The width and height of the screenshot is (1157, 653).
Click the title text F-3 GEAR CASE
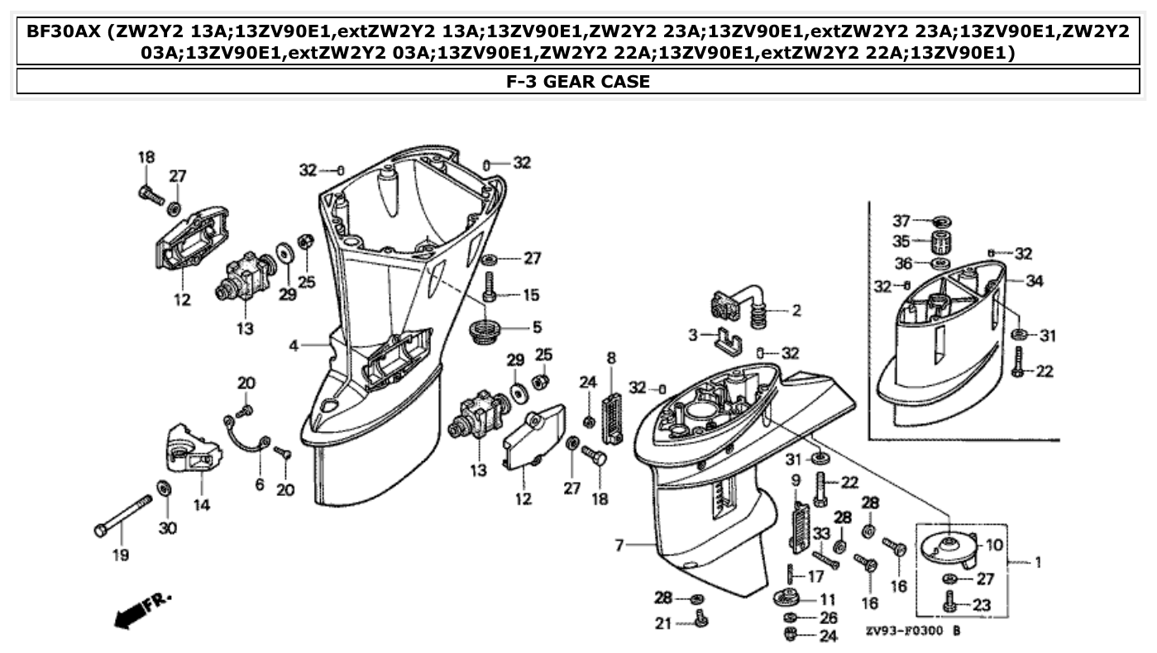click(x=578, y=81)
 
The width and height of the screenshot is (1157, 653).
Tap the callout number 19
click(x=121, y=555)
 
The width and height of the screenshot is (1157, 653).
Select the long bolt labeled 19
click(x=124, y=514)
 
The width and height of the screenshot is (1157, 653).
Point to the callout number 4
click(x=294, y=346)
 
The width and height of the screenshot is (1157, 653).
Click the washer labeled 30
click(x=165, y=489)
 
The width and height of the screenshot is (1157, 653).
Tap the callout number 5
click(x=537, y=326)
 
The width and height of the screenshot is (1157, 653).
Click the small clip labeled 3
click(x=724, y=338)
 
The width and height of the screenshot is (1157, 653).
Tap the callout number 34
click(x=1034, y=281)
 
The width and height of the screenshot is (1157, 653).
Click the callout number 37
click(x=901, y=221)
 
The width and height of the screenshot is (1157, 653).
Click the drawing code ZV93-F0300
click(x=905, y=631)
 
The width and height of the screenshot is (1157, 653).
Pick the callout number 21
click(x=662, y=624)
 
